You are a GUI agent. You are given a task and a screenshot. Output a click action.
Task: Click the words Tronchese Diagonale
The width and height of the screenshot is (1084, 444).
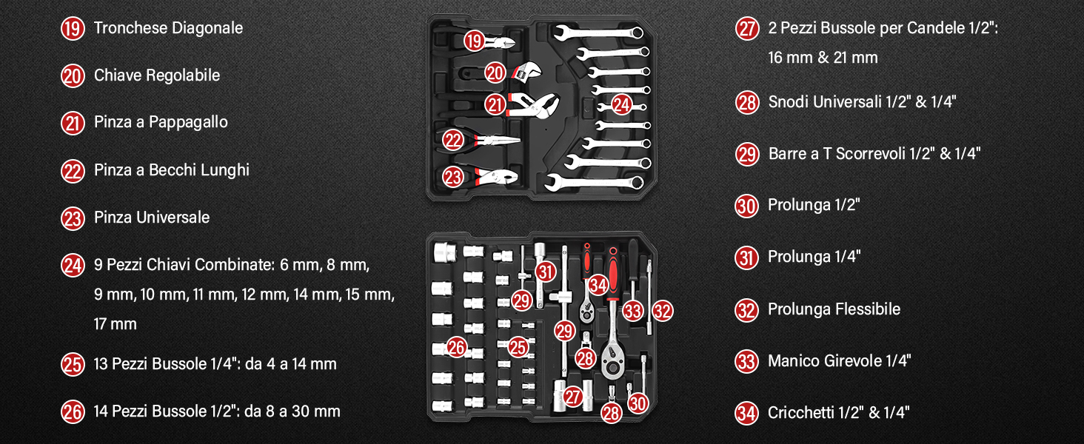point(168,28)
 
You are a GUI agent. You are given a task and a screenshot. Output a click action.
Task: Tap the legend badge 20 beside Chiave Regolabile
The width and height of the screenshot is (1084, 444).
point(73,76)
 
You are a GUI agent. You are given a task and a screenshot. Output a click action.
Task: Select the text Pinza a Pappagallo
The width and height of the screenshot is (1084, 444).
point(161,122)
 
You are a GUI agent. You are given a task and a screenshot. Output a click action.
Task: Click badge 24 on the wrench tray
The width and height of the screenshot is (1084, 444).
point(621,104)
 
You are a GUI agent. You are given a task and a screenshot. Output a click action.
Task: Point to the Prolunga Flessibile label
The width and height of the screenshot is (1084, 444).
point(834,309)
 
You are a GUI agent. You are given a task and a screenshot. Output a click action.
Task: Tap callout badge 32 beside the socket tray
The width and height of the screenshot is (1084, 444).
point(663,311)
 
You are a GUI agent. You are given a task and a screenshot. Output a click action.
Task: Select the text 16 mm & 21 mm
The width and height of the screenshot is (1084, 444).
point(823,58)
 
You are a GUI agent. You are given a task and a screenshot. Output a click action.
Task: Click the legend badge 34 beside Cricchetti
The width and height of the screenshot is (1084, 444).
point(746,413)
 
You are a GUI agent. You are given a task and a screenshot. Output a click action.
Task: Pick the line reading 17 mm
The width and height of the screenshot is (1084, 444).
point(116,324)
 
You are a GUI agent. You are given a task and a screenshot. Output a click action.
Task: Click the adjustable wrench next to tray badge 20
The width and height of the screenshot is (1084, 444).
point(526,72)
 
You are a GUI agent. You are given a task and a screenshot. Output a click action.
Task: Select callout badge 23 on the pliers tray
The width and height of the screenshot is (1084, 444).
point(453,177)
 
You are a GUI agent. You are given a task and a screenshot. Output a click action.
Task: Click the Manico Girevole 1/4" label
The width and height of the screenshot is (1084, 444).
point(839,361)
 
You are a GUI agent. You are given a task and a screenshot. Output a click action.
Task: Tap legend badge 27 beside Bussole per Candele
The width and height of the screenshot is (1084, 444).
point(746,29)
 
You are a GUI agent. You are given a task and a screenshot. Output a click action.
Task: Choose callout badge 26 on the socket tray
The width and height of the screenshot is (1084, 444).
point(456,347)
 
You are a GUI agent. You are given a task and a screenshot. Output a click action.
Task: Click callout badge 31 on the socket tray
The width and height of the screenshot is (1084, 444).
point(546,272)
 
